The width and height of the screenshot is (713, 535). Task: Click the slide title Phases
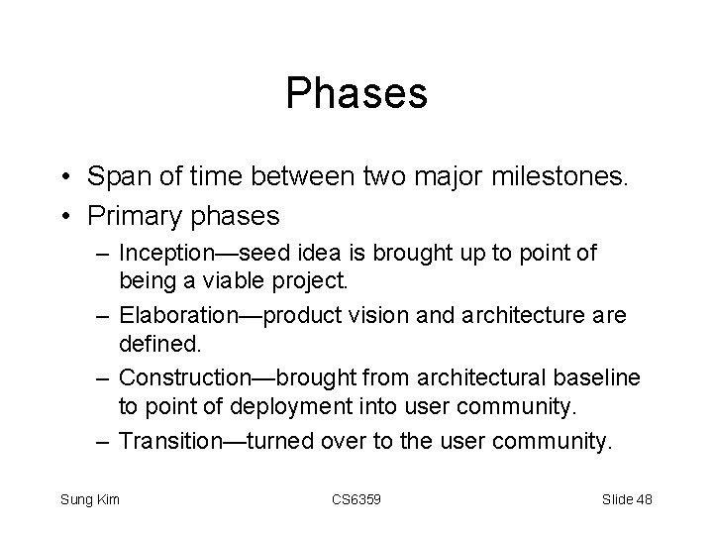click(356, 93)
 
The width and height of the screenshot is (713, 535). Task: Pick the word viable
click(227, 282)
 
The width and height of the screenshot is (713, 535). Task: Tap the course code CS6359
click(356, 498)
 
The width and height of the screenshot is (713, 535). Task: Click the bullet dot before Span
click(64, 178)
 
